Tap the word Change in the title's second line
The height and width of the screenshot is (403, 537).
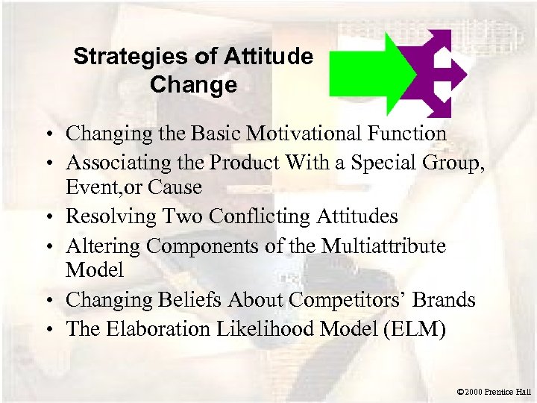pos(193,85)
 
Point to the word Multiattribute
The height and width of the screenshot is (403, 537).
pos(383,245)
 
